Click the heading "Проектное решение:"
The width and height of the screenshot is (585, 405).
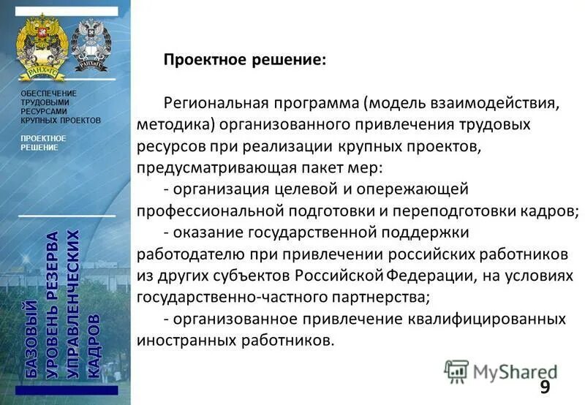coord(244,60)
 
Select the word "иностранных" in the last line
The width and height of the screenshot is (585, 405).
coord(176,341)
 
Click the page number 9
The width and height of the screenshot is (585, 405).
coord(545,387)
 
